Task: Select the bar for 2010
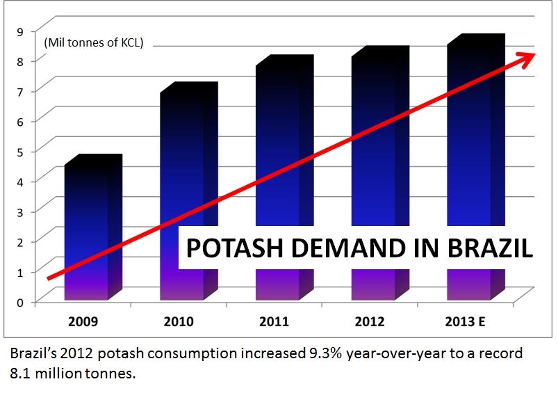[183, 174]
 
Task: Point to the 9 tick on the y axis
[21, 31]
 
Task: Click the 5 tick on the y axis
[21, 150]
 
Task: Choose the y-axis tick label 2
[21, 241]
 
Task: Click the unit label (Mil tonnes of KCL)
[93, 43]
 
